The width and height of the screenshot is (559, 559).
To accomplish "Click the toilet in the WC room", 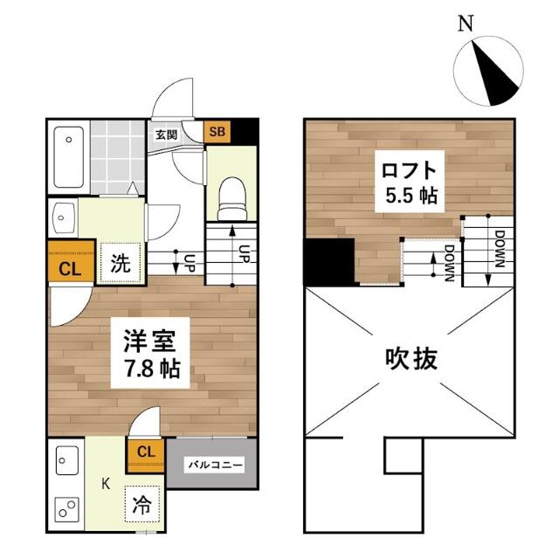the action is pyautogui.click(x=232, y=199).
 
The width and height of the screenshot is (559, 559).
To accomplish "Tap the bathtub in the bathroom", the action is pyautogui.click(x=69, y=157).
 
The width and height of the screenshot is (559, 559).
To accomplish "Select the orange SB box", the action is pyautogui.click(x=217, y=132).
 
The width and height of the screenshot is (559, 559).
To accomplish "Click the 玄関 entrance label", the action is pyautogui.click(x=167, y=135).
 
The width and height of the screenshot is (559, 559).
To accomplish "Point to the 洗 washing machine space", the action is pyautogui.click(x=121, y=263).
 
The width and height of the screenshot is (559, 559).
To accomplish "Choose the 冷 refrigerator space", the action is pyautogui.click(x=141, y=504).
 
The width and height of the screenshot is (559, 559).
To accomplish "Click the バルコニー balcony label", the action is pyautogui.click(x=214, y=465).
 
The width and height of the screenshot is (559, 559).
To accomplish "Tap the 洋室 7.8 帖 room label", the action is pyautogui.click(x=150, y=353).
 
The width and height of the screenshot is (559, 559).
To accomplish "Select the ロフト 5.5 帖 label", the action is pyautogui.click(x=410, y=182).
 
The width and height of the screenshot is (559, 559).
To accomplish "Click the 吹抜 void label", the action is pyautogui.click(x=411, y=359).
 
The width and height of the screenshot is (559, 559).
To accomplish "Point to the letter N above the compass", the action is pyautogui.click(x=466, y=24).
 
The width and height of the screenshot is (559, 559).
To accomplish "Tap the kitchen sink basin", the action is pyautogui.click(x=67, y=460).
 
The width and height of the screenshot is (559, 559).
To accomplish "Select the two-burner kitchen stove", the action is pyautogui.click(x=66, y=509).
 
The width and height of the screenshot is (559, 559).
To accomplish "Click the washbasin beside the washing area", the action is pyautogui.click(x=64, y=217).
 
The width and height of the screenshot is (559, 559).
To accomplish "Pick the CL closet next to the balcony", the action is pyautogui.click(x=146, y=456).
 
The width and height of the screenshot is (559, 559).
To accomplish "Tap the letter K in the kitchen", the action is pyautogui.click(x=106, y=484).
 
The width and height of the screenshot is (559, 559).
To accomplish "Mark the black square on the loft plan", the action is pyautogui.click(x=328, y=262).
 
